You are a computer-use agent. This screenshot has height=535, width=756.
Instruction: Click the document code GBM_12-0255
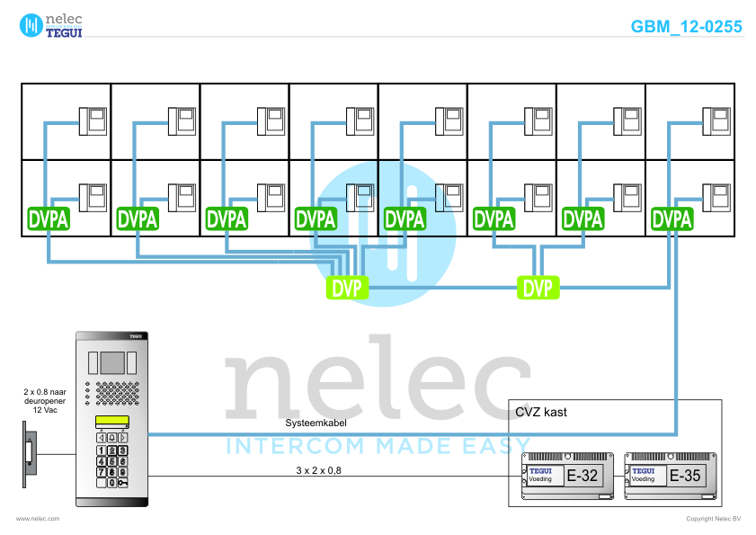coord(687,27)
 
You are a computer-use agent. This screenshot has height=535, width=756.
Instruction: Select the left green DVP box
coord(348,288)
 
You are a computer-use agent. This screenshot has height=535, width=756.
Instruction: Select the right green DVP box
coord(538,288)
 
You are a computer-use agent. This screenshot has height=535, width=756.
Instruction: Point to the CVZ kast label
coord(542,412)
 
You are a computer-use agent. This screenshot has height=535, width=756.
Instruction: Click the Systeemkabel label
coord(310,422)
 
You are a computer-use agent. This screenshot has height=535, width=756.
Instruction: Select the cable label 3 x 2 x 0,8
coord(318,470)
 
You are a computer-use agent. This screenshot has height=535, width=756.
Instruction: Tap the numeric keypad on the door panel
coord(111,461)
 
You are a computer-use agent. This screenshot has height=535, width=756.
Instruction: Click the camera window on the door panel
coord(111,362)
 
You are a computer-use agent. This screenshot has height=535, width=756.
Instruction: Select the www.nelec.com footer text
coord(38,519)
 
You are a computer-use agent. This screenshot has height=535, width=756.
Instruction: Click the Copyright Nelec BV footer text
coord(714,519)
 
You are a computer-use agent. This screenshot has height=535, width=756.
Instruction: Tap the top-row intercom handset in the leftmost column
coord(93,119)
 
